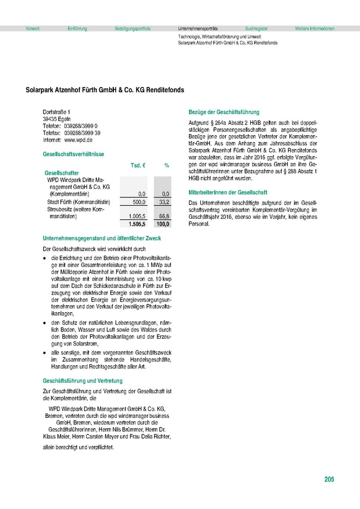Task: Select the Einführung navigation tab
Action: (x=77, y=28)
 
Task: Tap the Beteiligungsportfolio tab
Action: (x=132, y=28)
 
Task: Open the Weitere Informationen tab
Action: (x=315, y=28)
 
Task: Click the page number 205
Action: (x=329, y=480)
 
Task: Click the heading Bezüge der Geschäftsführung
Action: (x=224, y=112)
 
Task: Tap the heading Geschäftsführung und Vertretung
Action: (x=79, y=381)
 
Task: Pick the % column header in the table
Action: (x=167, y=165)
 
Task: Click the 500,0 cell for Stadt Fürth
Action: (x=139, y=201)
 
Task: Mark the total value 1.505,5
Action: (x=138, y=224)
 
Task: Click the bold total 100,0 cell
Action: (x=163, y=224)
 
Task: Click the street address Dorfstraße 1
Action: (x=58, y=113)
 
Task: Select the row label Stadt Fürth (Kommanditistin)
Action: (x=78, y=201)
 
